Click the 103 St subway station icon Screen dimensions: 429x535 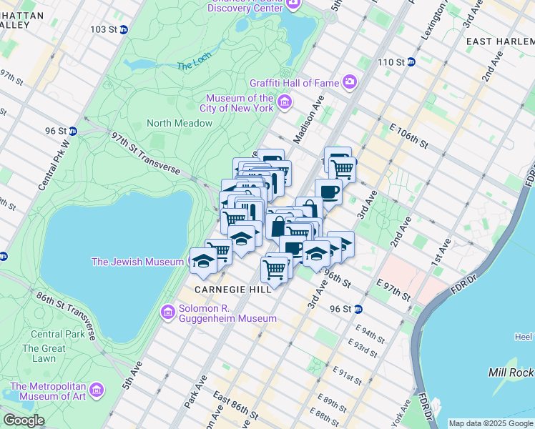[124, 29]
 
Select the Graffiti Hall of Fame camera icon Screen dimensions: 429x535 [349, 82]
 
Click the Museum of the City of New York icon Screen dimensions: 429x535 [285, 103]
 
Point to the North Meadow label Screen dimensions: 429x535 [180, 123]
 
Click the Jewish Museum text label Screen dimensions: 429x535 [137, 262]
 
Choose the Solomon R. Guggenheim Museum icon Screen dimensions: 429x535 [168, 312]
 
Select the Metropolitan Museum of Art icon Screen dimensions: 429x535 [97, 391]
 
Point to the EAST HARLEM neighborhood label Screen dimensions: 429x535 [500, 42]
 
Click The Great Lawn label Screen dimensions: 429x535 [44, 353]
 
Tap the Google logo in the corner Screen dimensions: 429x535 [24, 420]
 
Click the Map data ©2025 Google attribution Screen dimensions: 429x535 [490, 423]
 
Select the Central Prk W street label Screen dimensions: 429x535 [55, 162]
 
